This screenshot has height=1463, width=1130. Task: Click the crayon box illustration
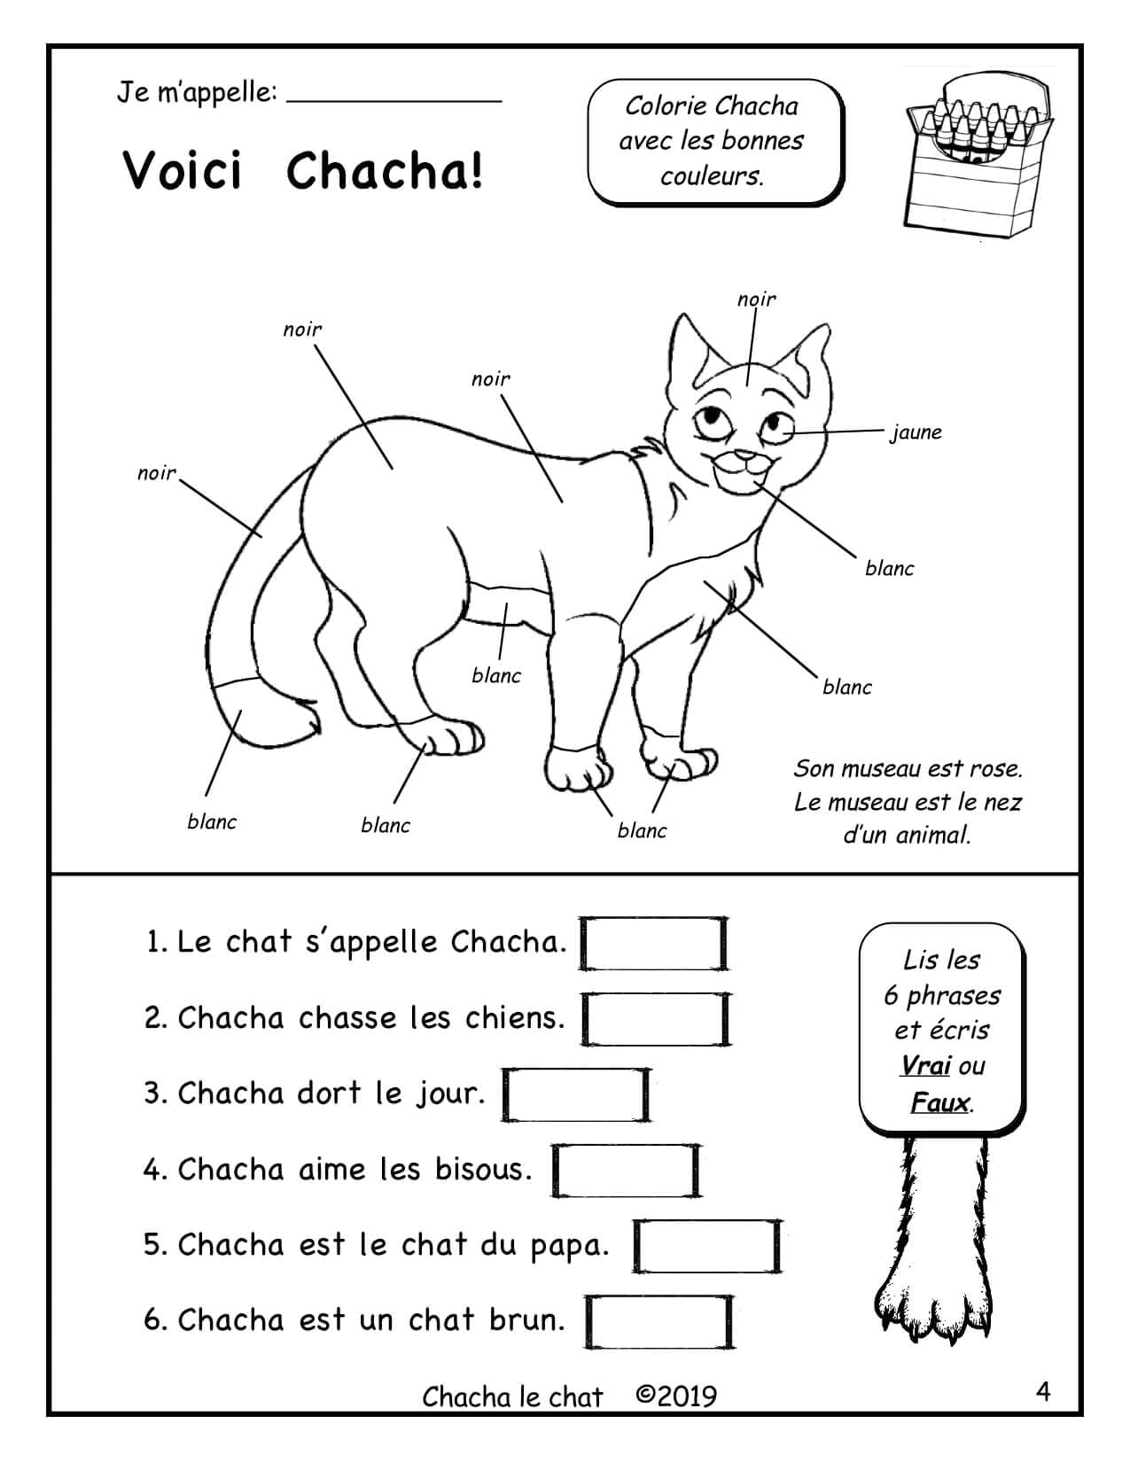pyautogui.click(x=978, y=155)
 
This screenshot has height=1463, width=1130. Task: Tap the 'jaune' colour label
pyautogui.click(x=916, y=432)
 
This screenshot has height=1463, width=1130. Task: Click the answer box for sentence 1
pyautogui.click(x=654, y=943)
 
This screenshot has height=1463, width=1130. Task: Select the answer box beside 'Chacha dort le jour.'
pyautogui.click(x=576, y=1094)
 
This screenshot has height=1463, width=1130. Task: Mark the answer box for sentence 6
pyautogui.click(x=659, y=1321)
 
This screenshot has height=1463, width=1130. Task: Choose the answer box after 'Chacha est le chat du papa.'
pyautogui.click(x=707, y=1246)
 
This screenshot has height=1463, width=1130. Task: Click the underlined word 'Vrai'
pyautogui.click(x=925, y=1066)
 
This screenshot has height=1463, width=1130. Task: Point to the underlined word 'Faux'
pyautogui.click(x=940, y=1103)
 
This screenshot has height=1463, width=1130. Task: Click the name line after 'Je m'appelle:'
pyautogui.click(x=394, y=102)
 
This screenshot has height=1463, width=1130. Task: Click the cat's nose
pyautogui.click(x=745, y=456)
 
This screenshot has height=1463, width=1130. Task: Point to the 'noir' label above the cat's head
pyautogui.click(x=756, y=299)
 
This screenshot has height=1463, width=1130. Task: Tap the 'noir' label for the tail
pyautogui.click(x=156, y=473)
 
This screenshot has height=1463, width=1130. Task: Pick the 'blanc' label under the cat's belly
pyautogui.click(x=496, y=675)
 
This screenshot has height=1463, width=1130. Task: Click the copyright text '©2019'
pyautogui.click(x=676, y=1397)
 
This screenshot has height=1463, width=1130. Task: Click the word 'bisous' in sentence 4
pyautogui.click(x=483, y=1170)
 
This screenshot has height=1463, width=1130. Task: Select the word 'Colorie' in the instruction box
pyautogui.click(x=665, y=105)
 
